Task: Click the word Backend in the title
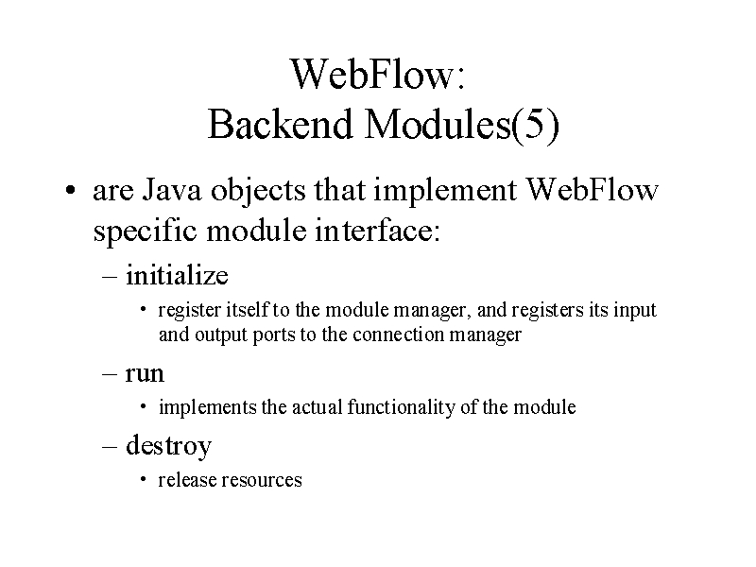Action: [280, 124]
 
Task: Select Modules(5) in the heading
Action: [462, 125]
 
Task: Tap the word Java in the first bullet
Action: [172, 190]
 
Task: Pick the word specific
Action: [145, 232]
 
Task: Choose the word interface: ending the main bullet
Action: [377, 230]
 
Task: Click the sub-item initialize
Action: [177, 275]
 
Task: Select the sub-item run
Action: [145, 374]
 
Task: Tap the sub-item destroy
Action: [169, 445]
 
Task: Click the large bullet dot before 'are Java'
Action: [71, 190]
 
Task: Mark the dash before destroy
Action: [110, 446]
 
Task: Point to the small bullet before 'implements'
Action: [144, 406]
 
